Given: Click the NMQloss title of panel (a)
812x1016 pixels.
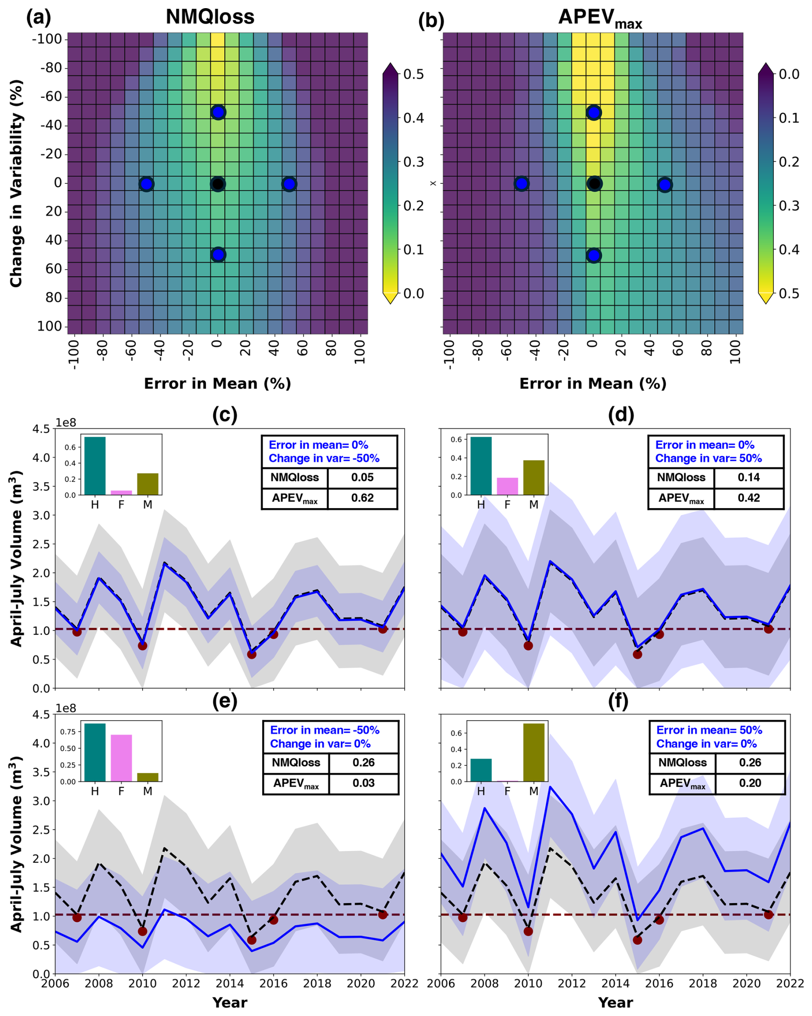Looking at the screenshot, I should coord(210,17).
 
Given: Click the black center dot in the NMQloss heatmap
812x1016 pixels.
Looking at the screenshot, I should coord(217,184).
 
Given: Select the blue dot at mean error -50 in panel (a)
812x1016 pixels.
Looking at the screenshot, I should coord(147,184).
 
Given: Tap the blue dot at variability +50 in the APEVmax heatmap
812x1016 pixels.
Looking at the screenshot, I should coord(593,255).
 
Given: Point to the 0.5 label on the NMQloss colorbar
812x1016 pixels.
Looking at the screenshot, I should coord(413,74).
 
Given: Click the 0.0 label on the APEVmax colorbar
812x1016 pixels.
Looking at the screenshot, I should coord(789,74).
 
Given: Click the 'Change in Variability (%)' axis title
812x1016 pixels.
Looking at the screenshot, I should coord(16,184).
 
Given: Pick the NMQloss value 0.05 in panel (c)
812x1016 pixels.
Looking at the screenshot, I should coord(362,477).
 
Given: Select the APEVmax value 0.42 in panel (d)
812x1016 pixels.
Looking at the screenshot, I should coord(748,497).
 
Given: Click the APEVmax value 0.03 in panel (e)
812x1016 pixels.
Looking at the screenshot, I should coord(364,783).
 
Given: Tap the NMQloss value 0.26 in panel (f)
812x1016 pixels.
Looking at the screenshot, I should coord(750,762).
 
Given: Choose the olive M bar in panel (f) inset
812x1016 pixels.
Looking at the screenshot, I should coord(533,752).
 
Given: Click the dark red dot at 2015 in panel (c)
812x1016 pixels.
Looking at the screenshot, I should coord(251,654).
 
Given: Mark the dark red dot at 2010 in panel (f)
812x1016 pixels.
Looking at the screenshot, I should coord(528,931).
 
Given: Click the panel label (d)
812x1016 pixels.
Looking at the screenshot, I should coord(621,415).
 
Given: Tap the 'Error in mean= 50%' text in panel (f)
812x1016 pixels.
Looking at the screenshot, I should coord(709,730).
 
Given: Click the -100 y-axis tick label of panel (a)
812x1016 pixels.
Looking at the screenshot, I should coord(47,39).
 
